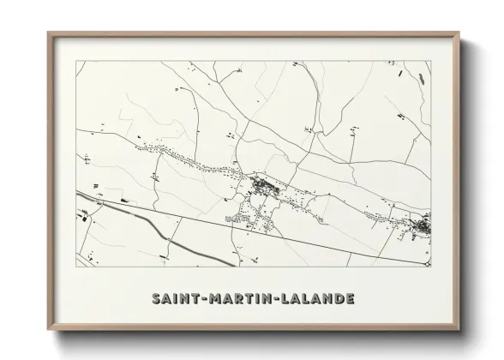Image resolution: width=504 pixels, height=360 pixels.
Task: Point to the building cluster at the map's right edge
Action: (x=423, y=226)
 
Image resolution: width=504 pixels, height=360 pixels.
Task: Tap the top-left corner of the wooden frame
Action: (x=48, y=33)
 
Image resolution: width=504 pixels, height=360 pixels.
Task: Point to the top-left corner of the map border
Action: (x=76, y=61)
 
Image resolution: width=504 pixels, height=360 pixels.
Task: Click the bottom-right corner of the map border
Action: (x=430, y=268)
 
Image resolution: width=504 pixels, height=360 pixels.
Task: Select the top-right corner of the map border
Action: (x=430, y=61)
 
